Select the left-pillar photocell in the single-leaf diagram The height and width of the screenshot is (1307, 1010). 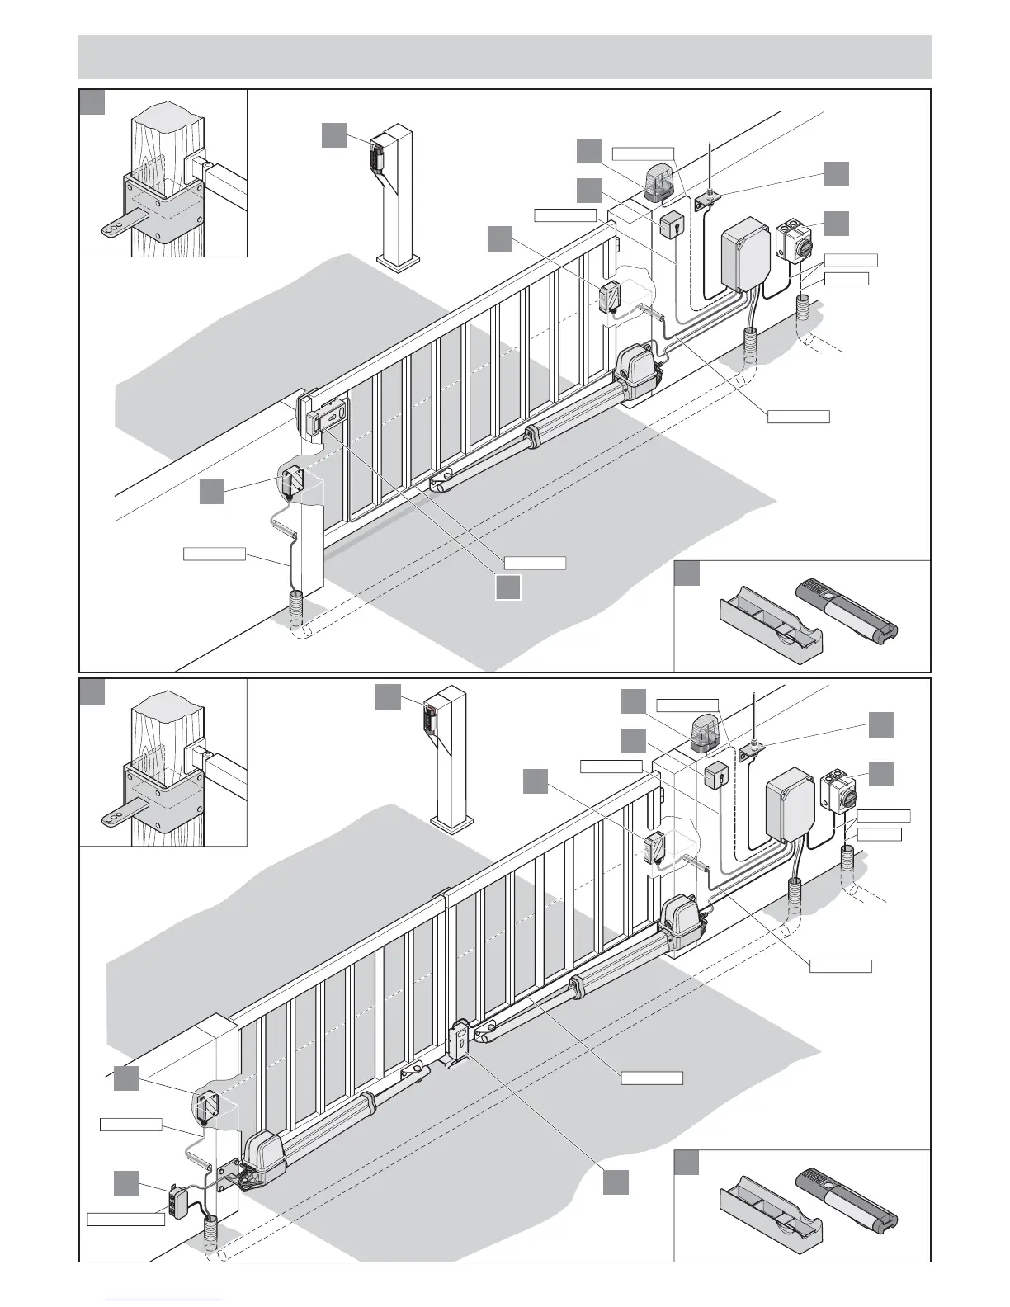pos(291,482)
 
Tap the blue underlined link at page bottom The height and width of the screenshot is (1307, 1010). pos(165,1299)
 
